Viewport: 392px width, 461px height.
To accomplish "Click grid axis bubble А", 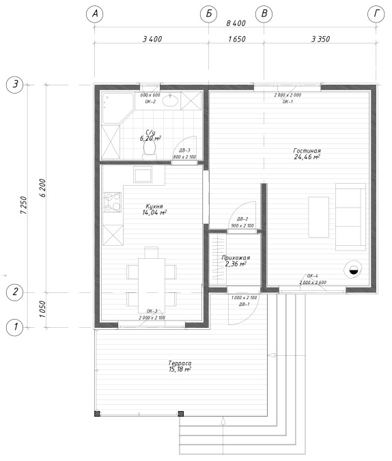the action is [x=94, y=14].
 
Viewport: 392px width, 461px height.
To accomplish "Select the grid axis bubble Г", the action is [x=376, y=14].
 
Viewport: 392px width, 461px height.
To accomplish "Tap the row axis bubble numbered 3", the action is [x=15, y=85].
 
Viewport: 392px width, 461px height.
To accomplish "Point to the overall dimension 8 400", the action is [x=236, y=23].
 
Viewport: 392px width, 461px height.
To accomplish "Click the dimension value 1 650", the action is [x=237, y=39].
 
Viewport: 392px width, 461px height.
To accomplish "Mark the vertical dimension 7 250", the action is [x=24, y=206].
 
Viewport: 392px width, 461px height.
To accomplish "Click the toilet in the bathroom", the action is [x=150, y=149].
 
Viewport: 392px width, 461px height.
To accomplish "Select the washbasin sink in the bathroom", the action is [x=170, y=101].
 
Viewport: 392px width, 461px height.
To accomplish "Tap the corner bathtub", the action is [x=117, y=108].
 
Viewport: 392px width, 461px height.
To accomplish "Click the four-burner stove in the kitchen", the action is [x=112, y=202].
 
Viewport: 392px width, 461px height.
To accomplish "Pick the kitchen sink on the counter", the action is [x=143, y=175].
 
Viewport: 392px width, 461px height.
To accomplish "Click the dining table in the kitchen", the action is [x=152, y=285].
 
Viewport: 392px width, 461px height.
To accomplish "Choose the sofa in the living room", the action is [x=351, y=217].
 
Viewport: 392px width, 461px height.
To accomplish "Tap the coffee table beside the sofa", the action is [x=318, y=217].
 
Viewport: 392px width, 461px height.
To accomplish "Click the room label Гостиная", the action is [x=307, y=150].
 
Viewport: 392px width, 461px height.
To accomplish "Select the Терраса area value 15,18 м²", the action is [x=180, y=369].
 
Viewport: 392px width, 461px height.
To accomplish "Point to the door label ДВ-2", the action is [x=242, y=219].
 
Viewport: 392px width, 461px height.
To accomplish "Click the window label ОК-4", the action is [x=313, y=276].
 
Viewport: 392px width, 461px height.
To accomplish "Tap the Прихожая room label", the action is [x=236, y=257].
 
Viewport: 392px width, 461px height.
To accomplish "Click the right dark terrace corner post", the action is [x=181, y=414].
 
